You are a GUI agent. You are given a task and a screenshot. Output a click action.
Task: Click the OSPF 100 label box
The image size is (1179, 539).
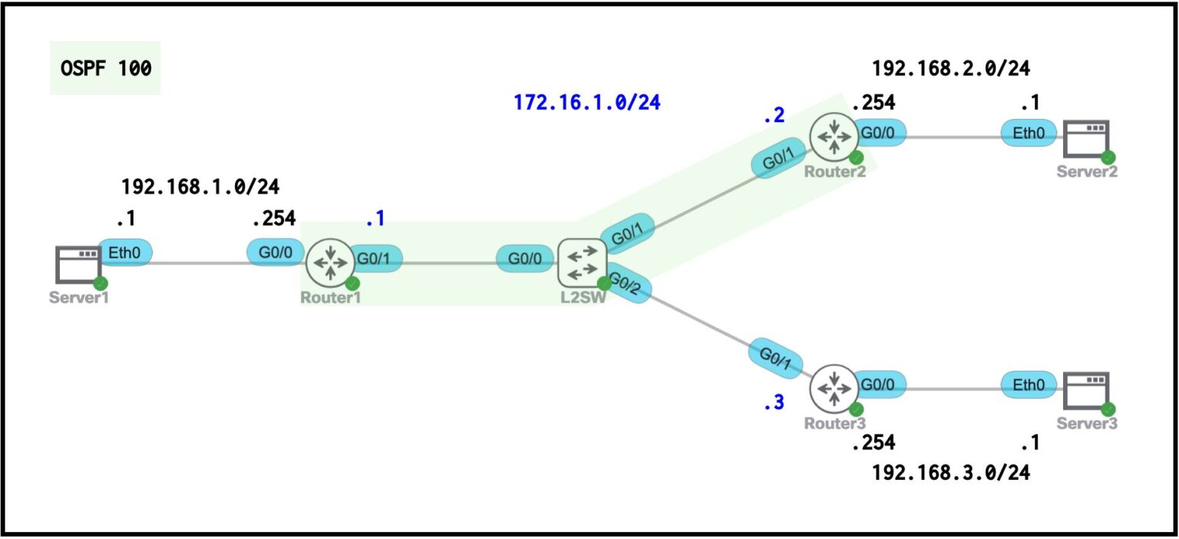point(105,68)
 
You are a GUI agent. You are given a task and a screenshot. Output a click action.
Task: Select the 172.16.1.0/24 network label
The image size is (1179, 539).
point(587,103)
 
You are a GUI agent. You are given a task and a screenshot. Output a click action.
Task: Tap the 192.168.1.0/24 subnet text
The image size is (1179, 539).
point(200,187)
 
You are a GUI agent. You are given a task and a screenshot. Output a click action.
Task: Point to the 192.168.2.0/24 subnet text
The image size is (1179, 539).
point(951,68)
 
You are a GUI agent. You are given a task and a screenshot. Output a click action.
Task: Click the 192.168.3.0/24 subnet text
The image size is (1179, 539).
point(951,473)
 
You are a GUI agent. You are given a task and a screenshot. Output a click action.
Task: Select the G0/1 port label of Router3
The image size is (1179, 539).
point(778,356)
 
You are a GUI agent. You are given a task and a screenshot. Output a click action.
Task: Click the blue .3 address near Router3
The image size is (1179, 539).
point(774,403)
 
